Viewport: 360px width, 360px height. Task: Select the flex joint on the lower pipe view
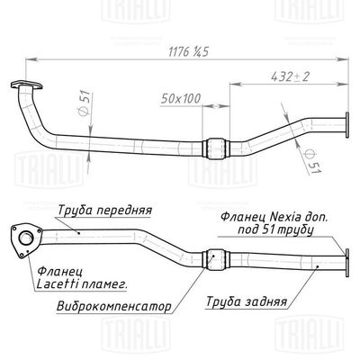[213, 256]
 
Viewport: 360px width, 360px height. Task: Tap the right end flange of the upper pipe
[345, 126]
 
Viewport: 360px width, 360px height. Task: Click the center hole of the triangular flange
[26, 238]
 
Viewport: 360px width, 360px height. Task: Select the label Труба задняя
[247, 301]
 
